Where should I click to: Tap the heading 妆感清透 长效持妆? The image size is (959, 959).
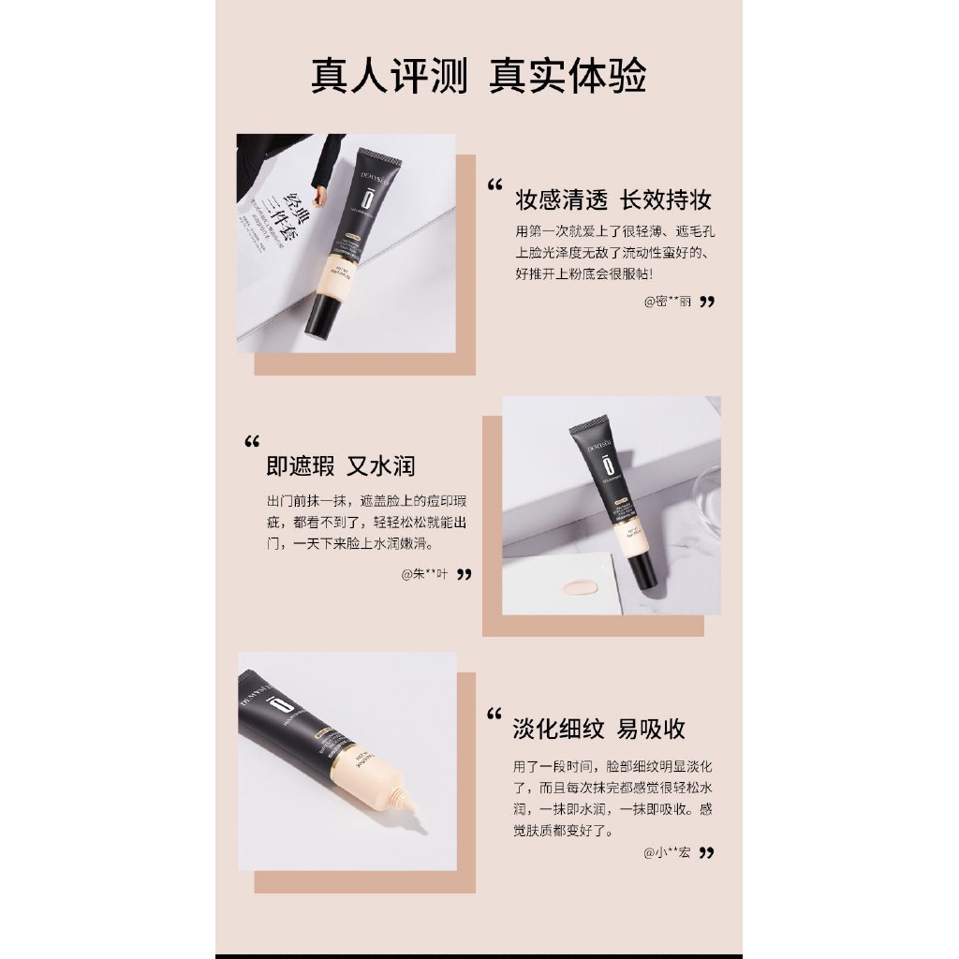click(613, 199)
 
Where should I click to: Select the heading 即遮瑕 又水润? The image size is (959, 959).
click(340, 465)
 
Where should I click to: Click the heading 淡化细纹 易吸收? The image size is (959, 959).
click(598, 729)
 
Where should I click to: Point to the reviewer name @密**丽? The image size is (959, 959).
click(668, 302)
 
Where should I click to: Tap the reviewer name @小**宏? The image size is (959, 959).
click(667, 852)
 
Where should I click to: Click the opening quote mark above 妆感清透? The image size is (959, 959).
click(495, 185)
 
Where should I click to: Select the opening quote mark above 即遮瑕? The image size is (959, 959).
click(251, 442)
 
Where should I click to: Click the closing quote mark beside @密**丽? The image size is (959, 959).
click(707, 302)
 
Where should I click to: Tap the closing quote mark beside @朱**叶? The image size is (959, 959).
click(464, 574)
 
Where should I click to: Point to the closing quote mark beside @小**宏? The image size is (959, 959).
click(707, 852)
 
